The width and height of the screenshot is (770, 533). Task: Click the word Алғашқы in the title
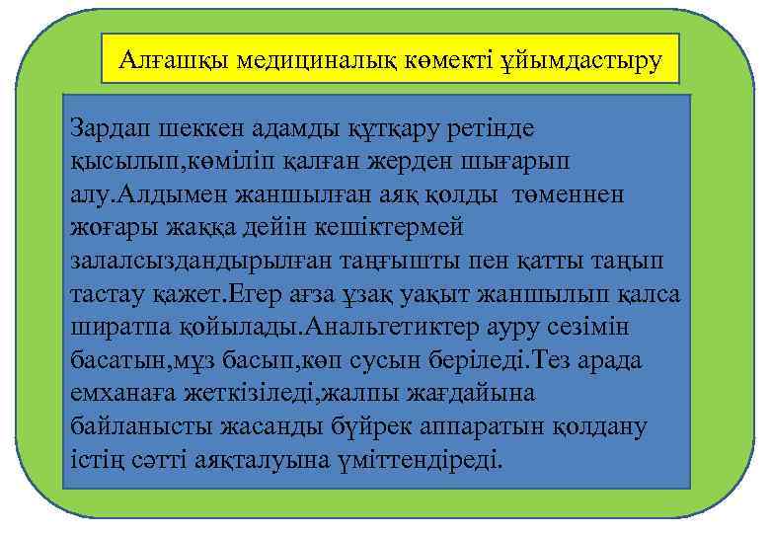point(160,61)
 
